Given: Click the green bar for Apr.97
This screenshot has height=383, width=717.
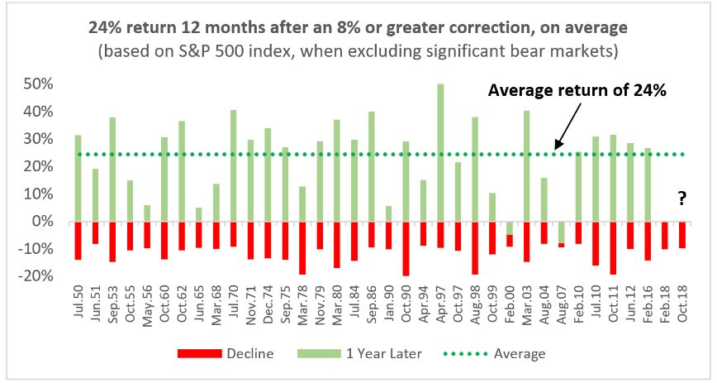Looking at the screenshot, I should tap(440, 152).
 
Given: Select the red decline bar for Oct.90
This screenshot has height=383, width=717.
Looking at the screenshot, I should tap(406, 248).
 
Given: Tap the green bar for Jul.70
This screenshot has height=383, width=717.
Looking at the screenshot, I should tap(234, 165).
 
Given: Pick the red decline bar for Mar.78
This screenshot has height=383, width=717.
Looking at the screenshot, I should tap(303, 247).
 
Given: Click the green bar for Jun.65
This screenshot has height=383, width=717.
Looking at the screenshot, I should tap(199, 214).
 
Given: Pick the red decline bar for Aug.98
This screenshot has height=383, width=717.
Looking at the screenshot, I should tap(475, 247).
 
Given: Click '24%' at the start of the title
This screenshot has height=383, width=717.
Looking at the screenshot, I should tap(104, 27).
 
